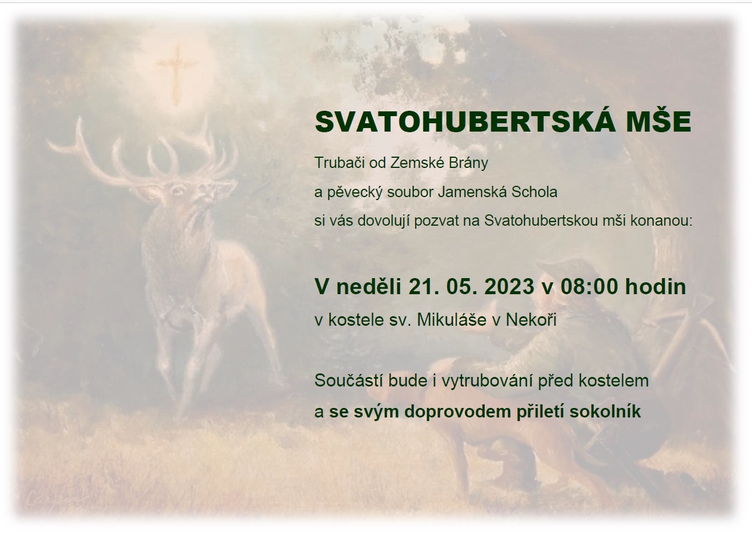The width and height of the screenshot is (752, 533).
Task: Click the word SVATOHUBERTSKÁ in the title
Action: pos(465,121)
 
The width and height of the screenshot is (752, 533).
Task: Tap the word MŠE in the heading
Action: pos(659,121)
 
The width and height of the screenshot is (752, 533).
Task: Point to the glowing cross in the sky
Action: pos(177,74)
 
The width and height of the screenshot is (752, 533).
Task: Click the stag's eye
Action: pos(177,191)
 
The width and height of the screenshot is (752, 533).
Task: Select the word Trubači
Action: pos(340,163)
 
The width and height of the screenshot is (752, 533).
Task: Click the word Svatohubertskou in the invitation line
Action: pos(541,221)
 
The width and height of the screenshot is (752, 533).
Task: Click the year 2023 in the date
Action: pos(509,286)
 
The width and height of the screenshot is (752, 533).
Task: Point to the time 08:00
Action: pos(589,286)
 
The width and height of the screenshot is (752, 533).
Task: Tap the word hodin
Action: pos(655,286)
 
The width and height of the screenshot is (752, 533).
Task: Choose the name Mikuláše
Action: pos(451,320)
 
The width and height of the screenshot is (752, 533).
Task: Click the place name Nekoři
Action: pos(531,320)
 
